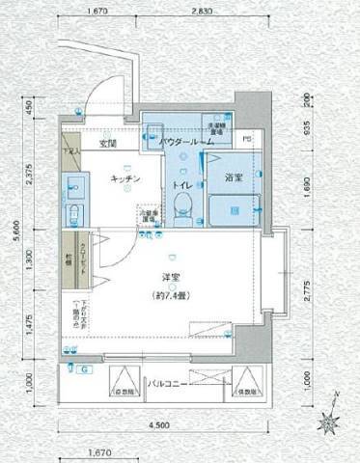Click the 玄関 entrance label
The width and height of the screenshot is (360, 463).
click(106, 145)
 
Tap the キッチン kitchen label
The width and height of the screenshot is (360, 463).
click(126, 178)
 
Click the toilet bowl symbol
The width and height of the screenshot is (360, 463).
click(181, 204)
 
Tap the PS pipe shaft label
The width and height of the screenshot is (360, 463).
click(248, 139)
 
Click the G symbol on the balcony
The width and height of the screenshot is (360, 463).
click(84, 369)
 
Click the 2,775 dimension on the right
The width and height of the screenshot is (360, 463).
click(305, 288)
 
